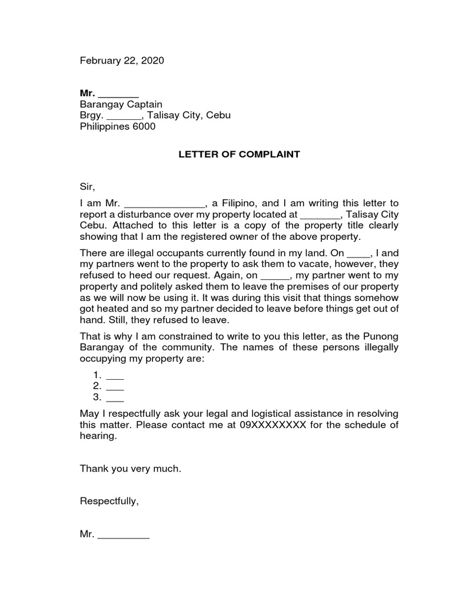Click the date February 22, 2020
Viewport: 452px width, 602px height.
pyautogui.click(x=122, y=61)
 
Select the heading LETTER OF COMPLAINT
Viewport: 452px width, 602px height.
pyautogui.click(x=239, y=155)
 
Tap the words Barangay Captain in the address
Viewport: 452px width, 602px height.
pyautogui.click(x=121, y=105)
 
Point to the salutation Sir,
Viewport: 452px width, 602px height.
pyautogui.click(x=87, y=187)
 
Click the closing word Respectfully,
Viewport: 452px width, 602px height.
pyautogui.click(x=109, y=501)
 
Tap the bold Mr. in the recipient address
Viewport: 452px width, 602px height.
pyautogui.click(x=87, y=93)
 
